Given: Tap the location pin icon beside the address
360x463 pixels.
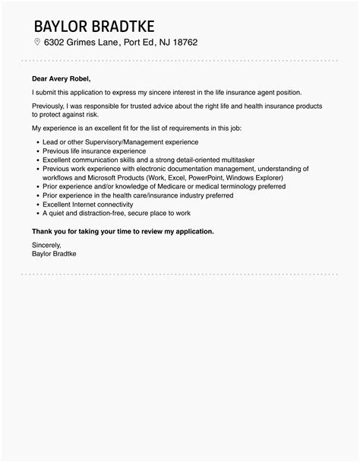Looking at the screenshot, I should (x=36, y=42).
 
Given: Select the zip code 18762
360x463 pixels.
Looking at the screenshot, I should (x=182, y=42).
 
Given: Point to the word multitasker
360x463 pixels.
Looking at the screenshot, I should (x=233, y=160).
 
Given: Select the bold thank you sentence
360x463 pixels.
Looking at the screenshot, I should (x=123, y=230).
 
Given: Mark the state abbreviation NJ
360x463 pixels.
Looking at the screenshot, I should (x=157, y=42).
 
